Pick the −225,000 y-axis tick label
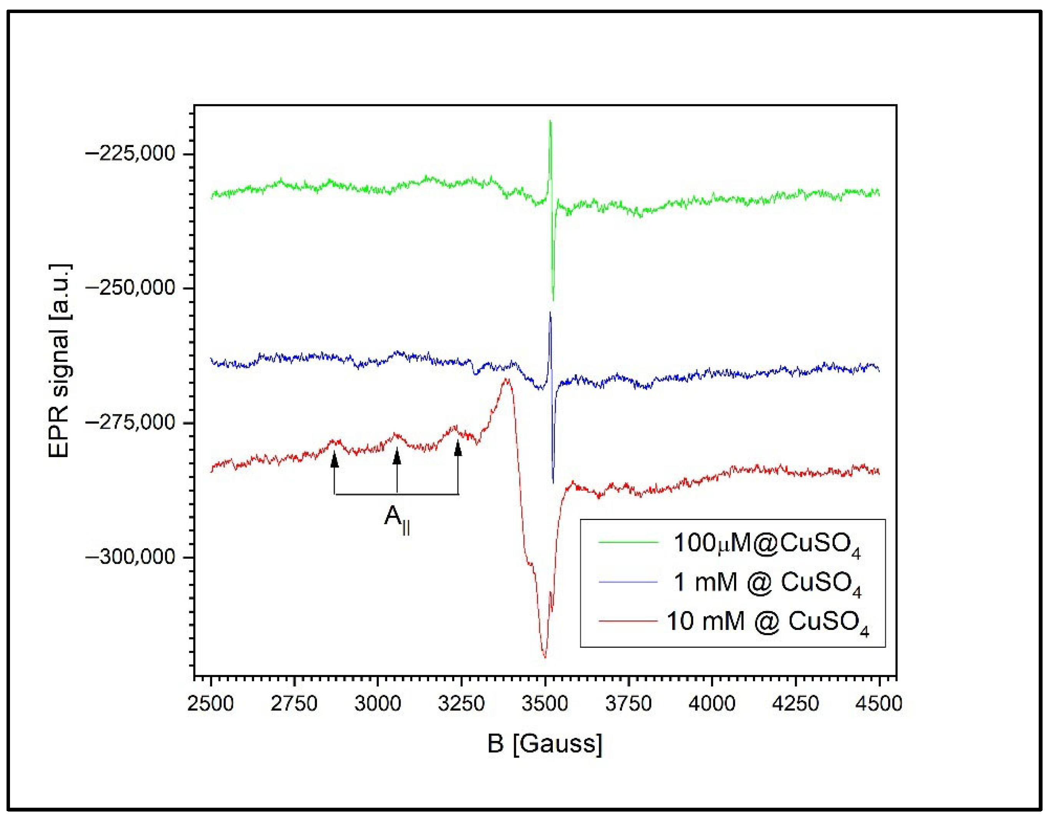pos(129,154)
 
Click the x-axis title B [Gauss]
pos(545,744)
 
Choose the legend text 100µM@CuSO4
pos(767,545)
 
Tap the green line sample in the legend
pos(628,542)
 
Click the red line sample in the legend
pos(628,621)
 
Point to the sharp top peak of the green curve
pos(550,121)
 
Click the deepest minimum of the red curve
pos(545,657)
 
